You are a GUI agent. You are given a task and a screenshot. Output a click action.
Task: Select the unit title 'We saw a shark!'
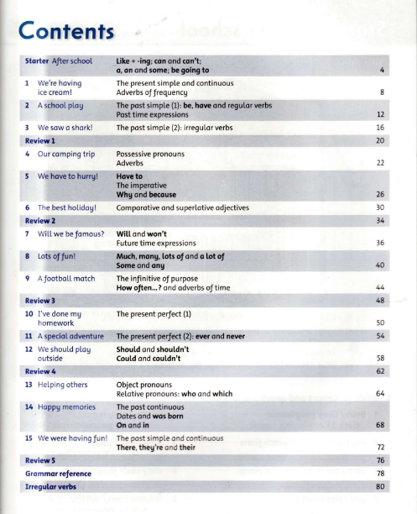click(x=65, y=127)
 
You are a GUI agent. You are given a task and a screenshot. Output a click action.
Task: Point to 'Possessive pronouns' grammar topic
click(x=150, y=155)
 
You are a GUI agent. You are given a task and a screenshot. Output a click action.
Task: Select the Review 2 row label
click(x=41, y=220)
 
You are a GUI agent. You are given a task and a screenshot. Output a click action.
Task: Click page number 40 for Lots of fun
click(x=380, y=265)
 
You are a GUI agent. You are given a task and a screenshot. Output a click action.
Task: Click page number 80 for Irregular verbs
click(x=380, y=487)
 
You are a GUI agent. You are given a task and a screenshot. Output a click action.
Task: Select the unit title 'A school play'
click(x=61, y=107)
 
